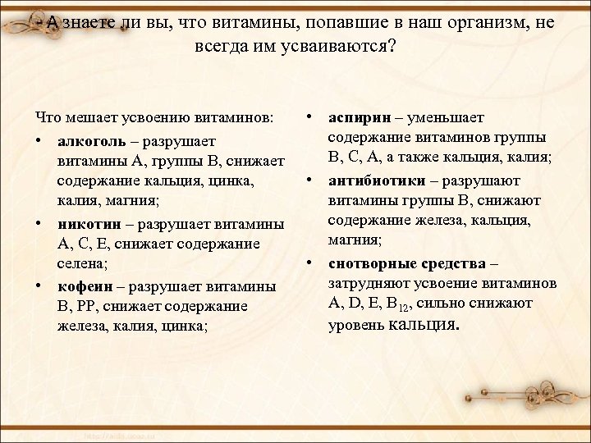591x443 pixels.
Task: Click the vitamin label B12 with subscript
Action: point(399,304)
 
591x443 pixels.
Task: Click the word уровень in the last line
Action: point(355,325)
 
